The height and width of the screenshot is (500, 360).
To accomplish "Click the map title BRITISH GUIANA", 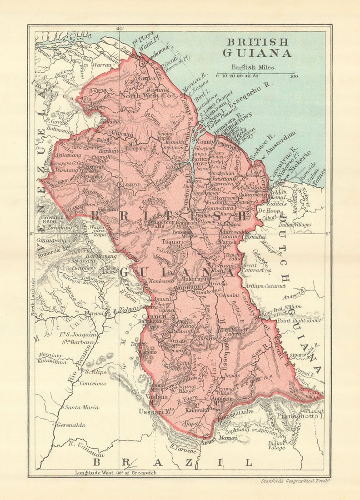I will click(x=257, y=48).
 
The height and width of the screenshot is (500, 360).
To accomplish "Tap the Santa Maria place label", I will click(x=81, y=407).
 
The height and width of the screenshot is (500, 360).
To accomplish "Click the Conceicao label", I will click(x=93, y=383).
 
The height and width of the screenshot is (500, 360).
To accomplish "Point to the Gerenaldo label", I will click(x=71, y=425).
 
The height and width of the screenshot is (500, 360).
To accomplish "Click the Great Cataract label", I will click(x=253, y=268).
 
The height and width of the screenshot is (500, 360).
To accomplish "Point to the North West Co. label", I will click(x=145, y=96).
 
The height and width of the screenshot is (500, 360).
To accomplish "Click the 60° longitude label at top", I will click(x=120, y=29).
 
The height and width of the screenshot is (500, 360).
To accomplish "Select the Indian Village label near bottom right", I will click(x=277, y=445).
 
